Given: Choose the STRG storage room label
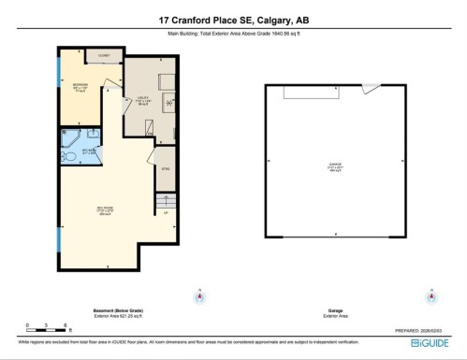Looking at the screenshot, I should tap(165, 168).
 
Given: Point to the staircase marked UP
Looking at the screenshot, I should tap(167, 203).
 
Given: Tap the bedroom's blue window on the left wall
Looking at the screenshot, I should tap(61, 84).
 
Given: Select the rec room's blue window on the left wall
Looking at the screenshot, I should tap(61, 235).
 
